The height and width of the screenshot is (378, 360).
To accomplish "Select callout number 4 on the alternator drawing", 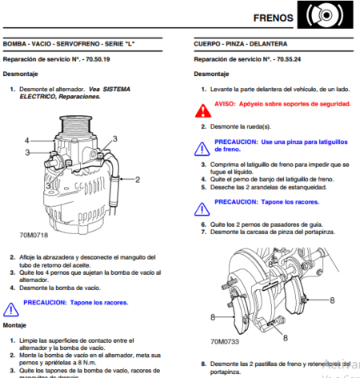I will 26,141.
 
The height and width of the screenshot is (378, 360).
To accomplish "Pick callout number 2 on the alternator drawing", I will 137,180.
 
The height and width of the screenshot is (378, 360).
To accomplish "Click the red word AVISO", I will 226,104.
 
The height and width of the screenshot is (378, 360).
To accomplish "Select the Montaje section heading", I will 15,325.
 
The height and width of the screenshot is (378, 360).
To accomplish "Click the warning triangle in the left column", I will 10,307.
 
